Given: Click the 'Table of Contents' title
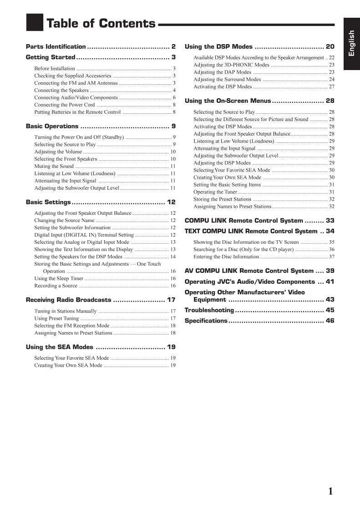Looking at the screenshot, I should click(x=101, y=24).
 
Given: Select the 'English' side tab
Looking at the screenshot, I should click(x=351, y=43).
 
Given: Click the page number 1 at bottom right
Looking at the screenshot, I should click(x=330, y=491).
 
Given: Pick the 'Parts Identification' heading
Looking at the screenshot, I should click(x=56, y=46).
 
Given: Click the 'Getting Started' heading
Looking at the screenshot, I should click(x=51, y=57).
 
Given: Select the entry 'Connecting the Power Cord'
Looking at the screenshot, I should click(x=65, y=105).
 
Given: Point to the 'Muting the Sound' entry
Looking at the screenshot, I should click(x=54, y=166).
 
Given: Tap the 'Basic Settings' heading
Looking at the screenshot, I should click(x=48, y=202).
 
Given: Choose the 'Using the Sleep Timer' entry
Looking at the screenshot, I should click(x=59, y=278).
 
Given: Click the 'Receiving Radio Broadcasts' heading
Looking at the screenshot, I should click(x=68, y=300).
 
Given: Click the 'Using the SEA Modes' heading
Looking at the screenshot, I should click(x=59, y=347).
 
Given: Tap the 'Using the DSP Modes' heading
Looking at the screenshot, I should click(x=218, y=46).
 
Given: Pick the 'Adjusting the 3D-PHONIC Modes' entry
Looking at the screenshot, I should click(x=231, y=65).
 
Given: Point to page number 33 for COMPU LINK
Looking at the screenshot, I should click(x=330, y=221).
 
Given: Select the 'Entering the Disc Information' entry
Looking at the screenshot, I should click(x=226, y=257).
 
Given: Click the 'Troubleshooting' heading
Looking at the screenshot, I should click(x=209, y=310).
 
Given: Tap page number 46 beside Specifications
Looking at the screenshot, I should click(x=330, y=321).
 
